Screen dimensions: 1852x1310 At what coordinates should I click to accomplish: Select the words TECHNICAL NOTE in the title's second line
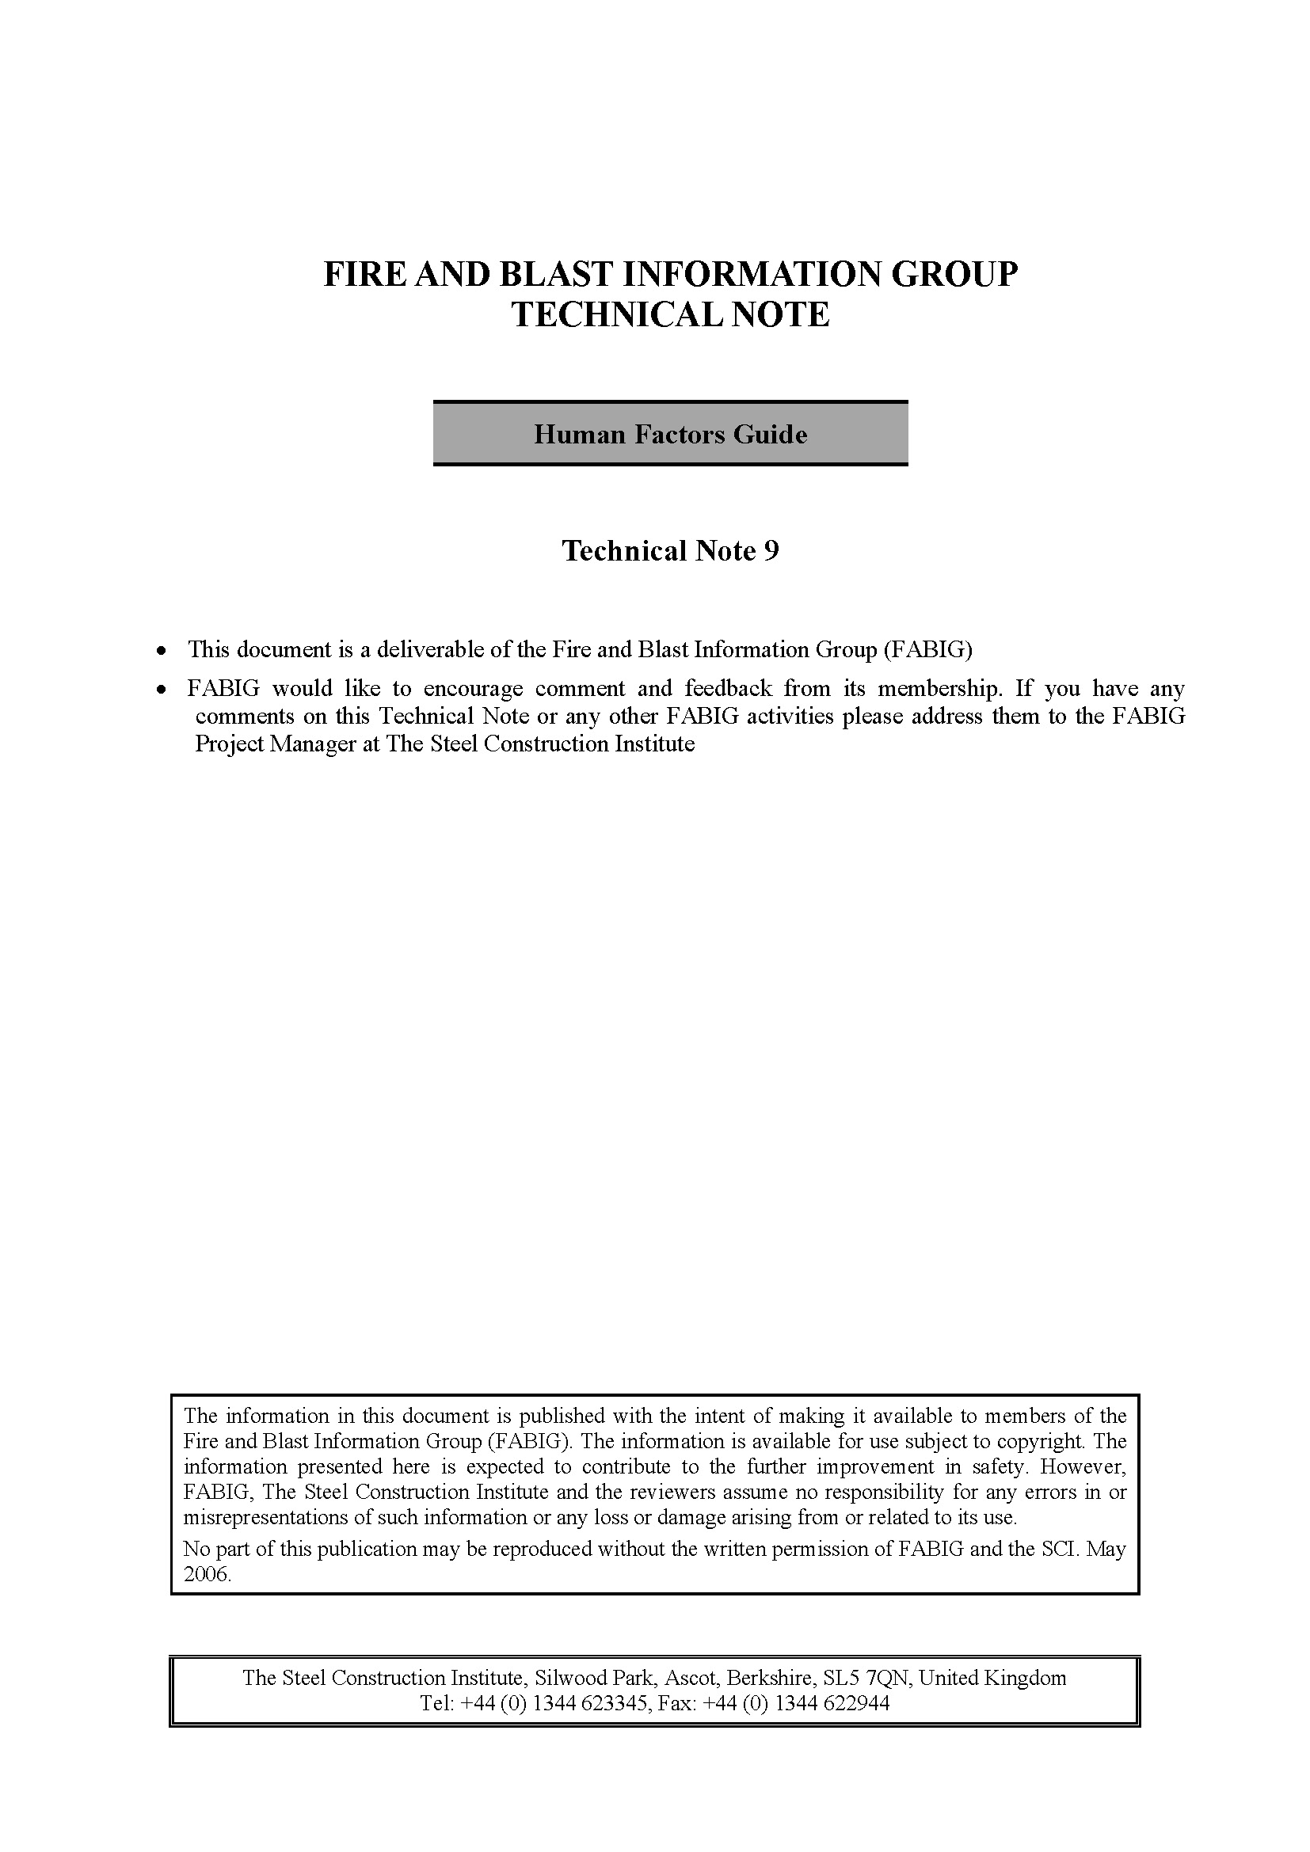point(670,314)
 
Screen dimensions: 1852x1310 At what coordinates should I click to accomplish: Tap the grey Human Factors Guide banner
point(670,434)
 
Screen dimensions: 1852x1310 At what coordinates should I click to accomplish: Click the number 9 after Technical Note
point(771,551)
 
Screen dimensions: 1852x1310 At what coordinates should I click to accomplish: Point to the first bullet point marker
point(163,650)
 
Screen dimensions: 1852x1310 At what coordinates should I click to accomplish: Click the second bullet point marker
point(163,690)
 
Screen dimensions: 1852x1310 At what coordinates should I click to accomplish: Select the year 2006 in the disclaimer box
point(208,1574)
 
